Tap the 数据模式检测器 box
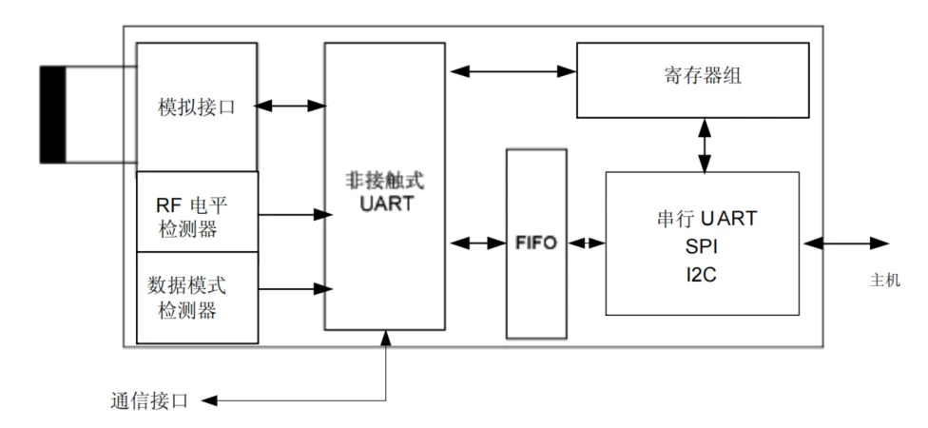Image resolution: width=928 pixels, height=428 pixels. point(197,298)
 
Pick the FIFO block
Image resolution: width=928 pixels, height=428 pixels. point(536,243)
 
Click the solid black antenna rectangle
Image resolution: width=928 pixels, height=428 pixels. point(51,113)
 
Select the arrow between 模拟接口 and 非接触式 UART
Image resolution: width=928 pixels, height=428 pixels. point(291,105)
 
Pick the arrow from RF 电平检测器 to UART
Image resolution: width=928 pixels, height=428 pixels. point(291,215)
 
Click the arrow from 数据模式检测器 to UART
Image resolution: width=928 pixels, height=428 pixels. point(291,287)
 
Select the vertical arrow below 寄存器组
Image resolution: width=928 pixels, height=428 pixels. point(704,145)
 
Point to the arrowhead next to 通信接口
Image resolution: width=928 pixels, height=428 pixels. point(211,400)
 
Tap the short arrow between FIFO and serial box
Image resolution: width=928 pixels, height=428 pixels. point(586,243)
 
